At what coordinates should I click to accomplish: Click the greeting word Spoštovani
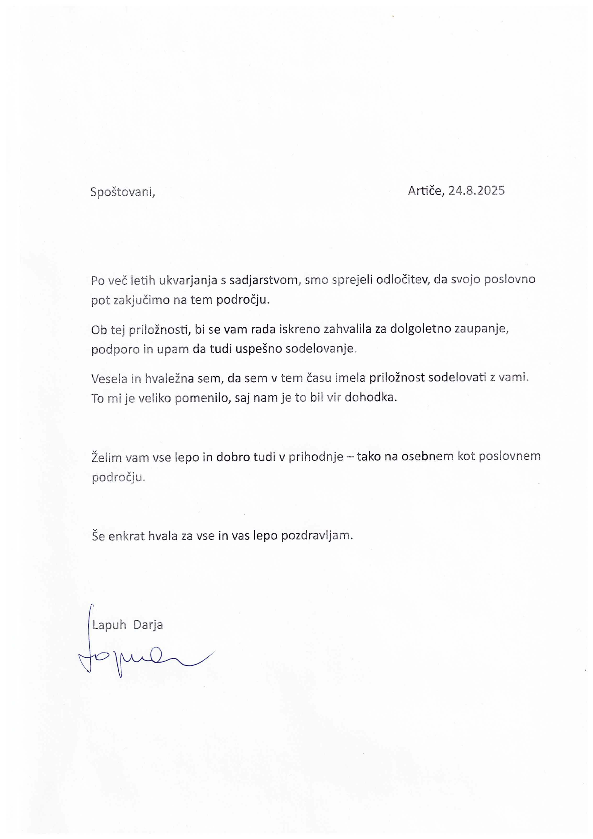click(122, 192)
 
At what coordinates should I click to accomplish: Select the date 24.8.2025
click(476, 190)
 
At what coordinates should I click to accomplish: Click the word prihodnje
click(316, 457)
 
